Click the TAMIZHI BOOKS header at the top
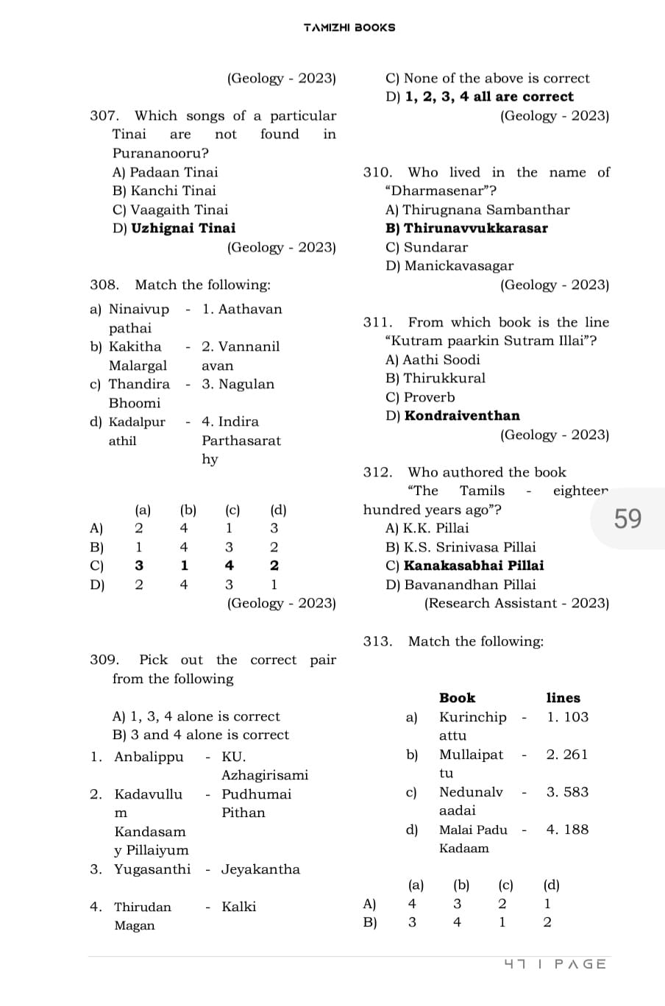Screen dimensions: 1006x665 [x=349, y=27]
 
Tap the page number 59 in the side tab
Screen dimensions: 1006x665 [x=627, y=519]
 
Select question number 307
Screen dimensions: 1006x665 [x=104, y=116]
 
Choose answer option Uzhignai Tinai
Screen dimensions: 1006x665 [x=183, y=228]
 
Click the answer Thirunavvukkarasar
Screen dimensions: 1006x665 [x=475, y=228]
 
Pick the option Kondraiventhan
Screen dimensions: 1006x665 [x=461, y=415]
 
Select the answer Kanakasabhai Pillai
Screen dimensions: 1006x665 [x=474, y=566]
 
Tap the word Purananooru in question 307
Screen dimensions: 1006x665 [x=160, y=154]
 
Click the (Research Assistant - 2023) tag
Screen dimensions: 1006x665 [x=516, y=603]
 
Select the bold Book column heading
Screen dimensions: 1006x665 [x=457, y=698]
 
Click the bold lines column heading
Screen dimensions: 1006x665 [x=563, y=698]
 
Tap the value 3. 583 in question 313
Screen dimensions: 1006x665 [x=567, y=792]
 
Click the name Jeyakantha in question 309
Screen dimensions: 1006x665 [x=260, y=869]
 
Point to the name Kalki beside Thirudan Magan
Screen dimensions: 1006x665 [x=238, y=907]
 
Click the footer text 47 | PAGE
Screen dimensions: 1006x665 [x=555, y=964]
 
